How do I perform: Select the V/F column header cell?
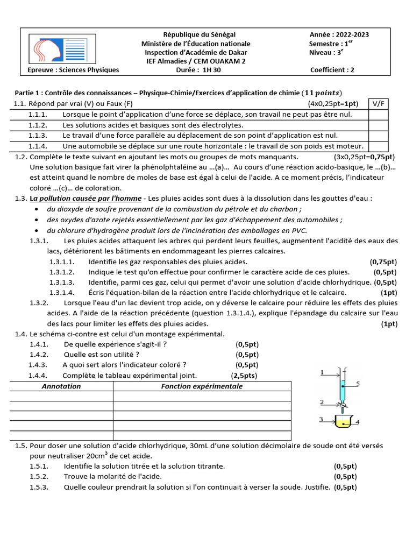(x=378, y=103)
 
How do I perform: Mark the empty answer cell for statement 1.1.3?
(x=378, y=136)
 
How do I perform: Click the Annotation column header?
(x=61, y=386)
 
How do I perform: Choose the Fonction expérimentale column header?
(x=202, y=386)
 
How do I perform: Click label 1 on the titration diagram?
(x=322, y=372)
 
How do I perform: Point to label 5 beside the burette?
(x=357, y=384)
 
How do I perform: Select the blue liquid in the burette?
(x=343, y=390)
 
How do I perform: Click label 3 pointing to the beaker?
(x=321, y=419)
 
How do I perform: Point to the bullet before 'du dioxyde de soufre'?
(x=36, y=209)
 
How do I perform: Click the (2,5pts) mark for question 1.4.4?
(x=244, y=376)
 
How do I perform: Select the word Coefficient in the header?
(x=329, y=69)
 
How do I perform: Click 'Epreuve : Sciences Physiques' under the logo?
(x=73, y=69)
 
